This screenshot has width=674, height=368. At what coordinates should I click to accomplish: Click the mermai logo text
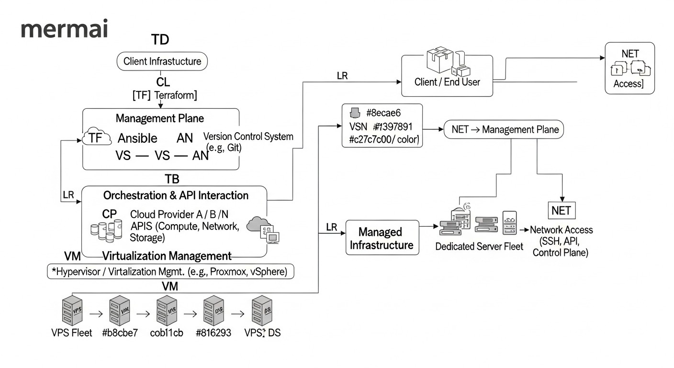pyautogui.click(x=65, y=30)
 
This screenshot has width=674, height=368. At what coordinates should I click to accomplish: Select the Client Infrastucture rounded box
pyautogui.click(x=162, y=61)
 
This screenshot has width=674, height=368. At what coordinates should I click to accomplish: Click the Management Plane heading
pyautogui.click(x=160, y=118)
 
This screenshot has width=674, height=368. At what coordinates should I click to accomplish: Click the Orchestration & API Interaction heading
pyautogui.click(x=176, y=195)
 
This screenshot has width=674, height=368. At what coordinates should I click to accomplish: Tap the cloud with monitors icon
pyautogui.click(x=263, y=230)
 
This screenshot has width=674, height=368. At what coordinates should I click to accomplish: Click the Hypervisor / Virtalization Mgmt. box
pyautogui.click(x=171, y=272)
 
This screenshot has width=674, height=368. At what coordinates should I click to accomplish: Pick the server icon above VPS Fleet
pyautogui.click(x=72, y=310)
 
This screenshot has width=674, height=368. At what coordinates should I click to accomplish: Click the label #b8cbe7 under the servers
pyautogui.click(x=120, y=333)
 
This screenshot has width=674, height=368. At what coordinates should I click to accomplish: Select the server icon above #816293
pyautogui.click(x=213, y=310)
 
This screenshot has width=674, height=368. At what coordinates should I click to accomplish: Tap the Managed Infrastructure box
pyautogui.click(x=382, y=238)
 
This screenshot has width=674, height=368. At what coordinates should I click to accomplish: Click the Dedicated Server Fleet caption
pyautogui.click(x=479, y=246)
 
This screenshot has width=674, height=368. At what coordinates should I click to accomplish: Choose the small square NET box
pyautogui.click(x=561, y=211)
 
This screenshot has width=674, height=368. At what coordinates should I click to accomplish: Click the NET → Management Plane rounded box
pyautogui.click(x=505, y=130)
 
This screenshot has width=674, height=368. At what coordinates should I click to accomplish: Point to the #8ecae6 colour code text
pyautogui.click(x=382, y=113)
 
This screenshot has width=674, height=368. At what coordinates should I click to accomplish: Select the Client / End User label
pyautogui.click(x=447, y=82)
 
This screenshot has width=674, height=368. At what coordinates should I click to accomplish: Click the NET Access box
pyautogui.click(x=629, y=68)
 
